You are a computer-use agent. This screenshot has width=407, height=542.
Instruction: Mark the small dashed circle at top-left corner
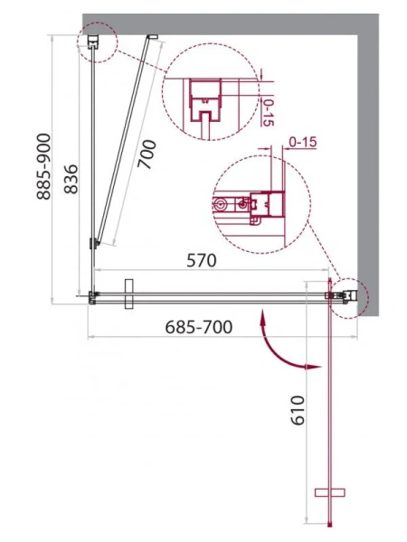point(96,41)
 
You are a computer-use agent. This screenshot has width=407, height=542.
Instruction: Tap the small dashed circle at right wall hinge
point(348,294)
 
